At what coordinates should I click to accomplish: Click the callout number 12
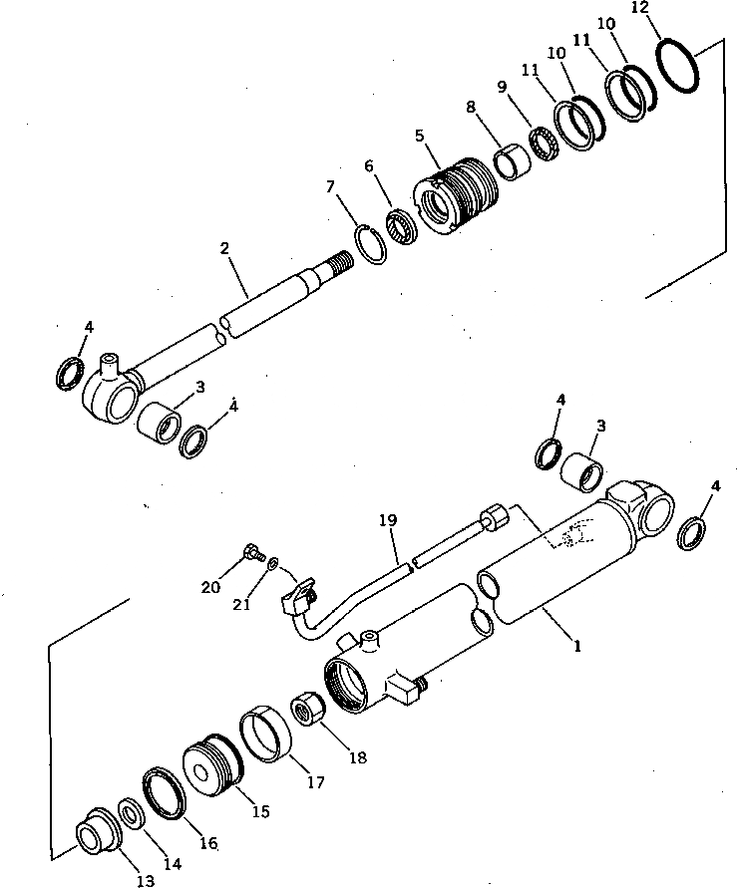tap(639, 8)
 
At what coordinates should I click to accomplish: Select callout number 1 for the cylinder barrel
tap(576, 645)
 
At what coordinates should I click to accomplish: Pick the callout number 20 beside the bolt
tap(210, 587)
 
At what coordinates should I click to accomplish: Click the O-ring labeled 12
tap(682, 68)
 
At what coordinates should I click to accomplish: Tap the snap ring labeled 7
tap(371, 244)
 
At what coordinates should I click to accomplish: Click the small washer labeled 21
tap(272, 563)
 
